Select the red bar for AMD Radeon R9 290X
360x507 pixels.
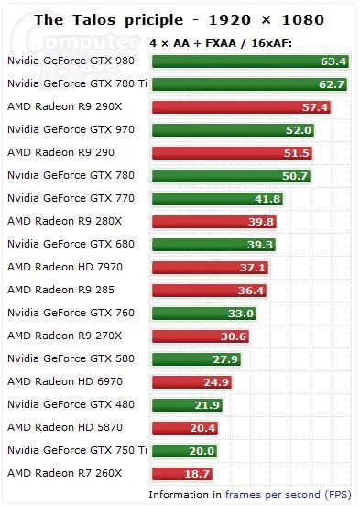pyautogui.click(x=240, y=107)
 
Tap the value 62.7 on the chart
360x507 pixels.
pyautogui.click(x=332, y=84)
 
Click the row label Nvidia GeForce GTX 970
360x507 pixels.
pyautogui.click(x=71, y=129)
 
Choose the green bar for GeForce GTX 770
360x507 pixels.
pyautogui.click(x=217, y=199)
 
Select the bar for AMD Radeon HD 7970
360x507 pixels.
pyautogui.click(x=210, y=268)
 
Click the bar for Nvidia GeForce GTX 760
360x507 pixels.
pyautogui.click(x=204, y=314)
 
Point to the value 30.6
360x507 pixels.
pyautogui.click(x=233, y=336)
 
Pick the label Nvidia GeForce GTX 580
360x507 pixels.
pyautogui.click(x=71, y=358)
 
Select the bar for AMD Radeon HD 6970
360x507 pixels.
pyautogui.click(x=191, y=382)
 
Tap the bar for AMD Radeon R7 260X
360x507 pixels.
pyautogui.click(x=180, y=474)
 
